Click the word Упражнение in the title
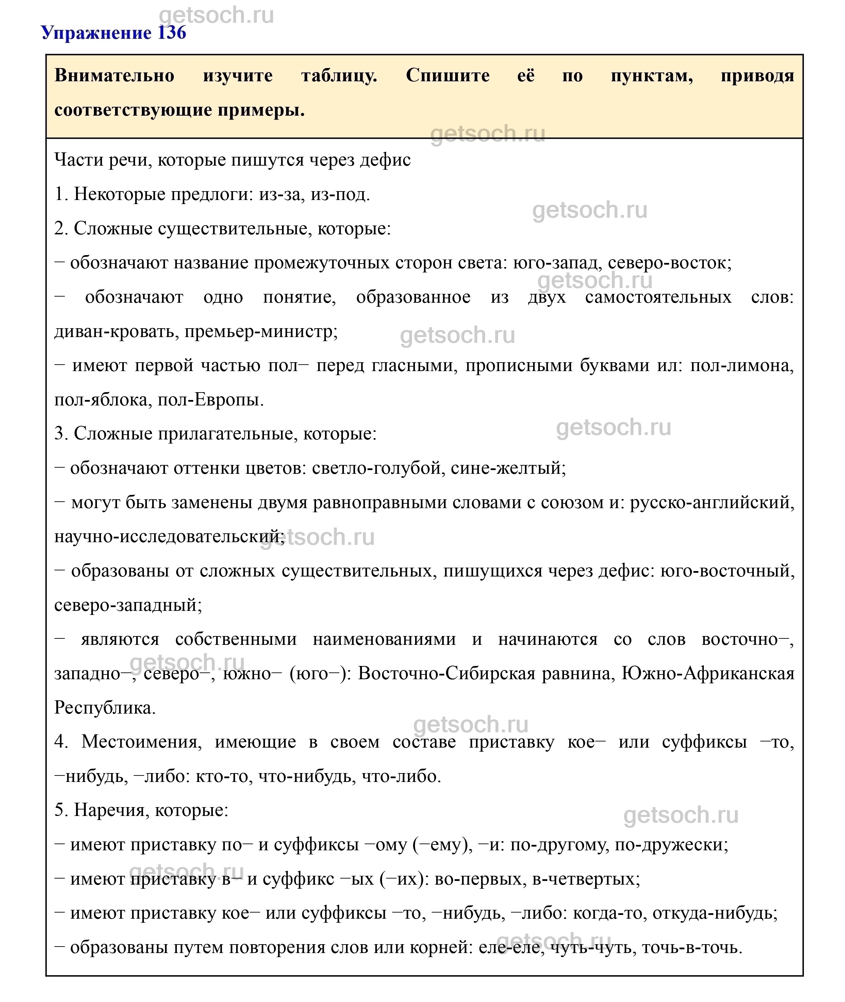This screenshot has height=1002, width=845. pyautogui.click(x=96, y=33)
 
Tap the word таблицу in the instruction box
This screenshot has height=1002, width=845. pyautogui.click(x=339, y=76)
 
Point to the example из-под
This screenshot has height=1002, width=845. pyautogui.click(x=340, y=195)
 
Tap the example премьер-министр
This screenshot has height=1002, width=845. pyautogui.click(x=261, y=331)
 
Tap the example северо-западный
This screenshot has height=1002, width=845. pyautogui.click(x=128, y=605)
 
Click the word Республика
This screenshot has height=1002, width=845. pyautogui.click(x=105, y=708)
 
